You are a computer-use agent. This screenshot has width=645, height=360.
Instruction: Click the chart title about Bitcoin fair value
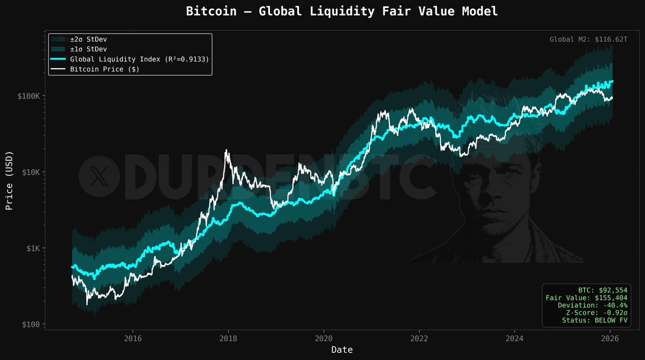pyautogui.click(x=341, y=11)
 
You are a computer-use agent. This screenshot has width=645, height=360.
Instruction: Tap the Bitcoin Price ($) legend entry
pyautogui.click(x=107, y=69)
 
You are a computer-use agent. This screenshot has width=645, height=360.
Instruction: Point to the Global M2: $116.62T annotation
pyautogui.click(x=589, y=39)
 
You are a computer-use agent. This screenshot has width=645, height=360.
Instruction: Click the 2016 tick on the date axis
pyautogui.click(x=133, y=339)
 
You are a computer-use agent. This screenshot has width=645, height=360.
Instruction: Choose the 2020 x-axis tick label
pyautogui.click(x=324, y=339)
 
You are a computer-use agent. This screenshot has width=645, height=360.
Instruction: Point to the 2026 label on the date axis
pyautogui.click(x=610, y=339)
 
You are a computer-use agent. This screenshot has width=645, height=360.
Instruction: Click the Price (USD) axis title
pyautogui.click(x=9, y=179)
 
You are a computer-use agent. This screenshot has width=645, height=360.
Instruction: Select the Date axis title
pyautogui.click(x=342, y=350)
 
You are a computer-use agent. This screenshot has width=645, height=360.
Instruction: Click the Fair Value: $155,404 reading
pyautogui.click(x=586, y=297)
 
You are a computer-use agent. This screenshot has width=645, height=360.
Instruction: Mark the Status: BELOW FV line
pyautogui.click(x=595, y=320)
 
